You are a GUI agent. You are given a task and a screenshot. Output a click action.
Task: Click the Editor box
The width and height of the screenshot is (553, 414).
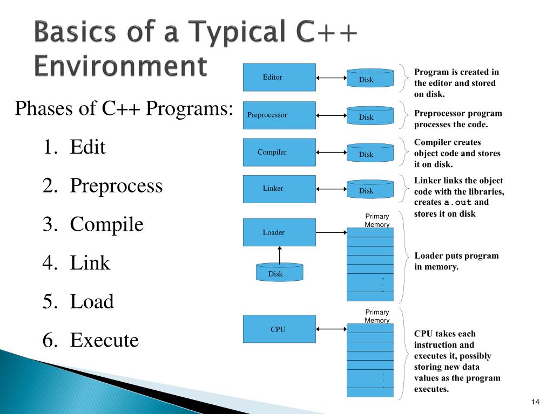[x=279, y=77]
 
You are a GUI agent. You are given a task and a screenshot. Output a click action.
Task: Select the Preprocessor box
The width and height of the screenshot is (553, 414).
[x=279, y=115]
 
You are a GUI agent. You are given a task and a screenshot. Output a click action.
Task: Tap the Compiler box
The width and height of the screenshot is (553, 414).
[x=279, y=152]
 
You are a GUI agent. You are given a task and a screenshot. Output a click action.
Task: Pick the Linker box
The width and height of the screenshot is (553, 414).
[x=279, y=189]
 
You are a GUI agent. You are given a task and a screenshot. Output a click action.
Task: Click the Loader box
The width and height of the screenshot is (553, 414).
[x=279, y=232]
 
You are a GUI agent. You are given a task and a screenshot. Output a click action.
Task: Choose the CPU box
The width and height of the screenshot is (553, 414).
[x=279, y=329]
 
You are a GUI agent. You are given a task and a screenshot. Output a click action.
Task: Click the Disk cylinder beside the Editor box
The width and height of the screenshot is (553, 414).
[x=370, y=79]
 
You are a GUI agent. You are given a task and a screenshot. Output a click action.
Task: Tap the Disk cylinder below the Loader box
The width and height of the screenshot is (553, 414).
[x=279, y=273]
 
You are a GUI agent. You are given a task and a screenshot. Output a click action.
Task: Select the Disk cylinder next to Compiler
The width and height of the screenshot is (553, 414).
[x=370, y=154]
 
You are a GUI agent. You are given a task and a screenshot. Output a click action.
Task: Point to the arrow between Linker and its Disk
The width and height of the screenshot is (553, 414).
[x=331, y=189]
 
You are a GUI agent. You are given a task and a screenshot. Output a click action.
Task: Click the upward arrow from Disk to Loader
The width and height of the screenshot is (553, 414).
[x=279, y=254]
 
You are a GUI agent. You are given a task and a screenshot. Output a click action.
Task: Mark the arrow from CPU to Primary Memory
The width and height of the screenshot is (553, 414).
[x=331, y=329]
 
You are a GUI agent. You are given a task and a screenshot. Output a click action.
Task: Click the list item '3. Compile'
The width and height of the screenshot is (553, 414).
[x=93, y=224]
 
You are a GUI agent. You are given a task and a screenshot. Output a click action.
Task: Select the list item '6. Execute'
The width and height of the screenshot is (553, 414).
[x=91, y=340]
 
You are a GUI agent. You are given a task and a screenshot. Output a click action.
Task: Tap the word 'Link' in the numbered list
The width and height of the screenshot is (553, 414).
[x=90, y=263]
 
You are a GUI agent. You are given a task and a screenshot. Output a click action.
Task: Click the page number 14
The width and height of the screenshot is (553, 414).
[x=536, y=402]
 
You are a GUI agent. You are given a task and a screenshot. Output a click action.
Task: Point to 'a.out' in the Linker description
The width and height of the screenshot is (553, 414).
[x=458, y=203]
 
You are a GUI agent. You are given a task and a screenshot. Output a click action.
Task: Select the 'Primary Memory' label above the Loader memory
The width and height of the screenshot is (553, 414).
[x=377, y=220]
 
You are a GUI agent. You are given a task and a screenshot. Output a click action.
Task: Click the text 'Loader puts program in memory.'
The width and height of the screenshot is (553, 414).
[x=456, y=261]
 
